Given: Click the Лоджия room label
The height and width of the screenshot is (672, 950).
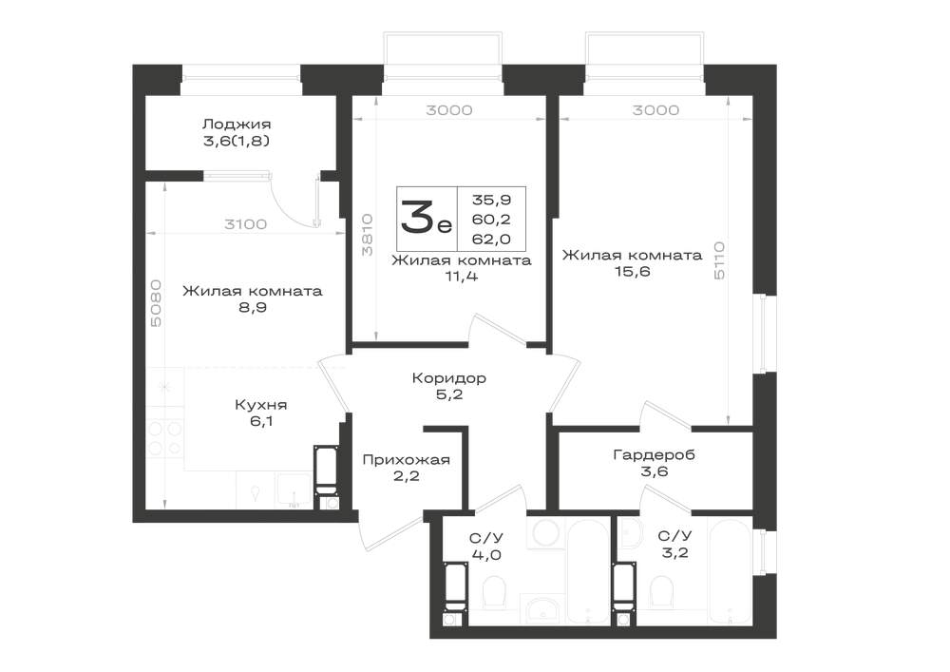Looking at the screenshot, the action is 237,125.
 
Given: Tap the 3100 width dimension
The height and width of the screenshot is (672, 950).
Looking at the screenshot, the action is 245,224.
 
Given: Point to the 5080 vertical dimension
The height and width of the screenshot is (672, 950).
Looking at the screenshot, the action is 157,303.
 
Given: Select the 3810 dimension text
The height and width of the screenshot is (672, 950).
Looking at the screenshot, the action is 367,235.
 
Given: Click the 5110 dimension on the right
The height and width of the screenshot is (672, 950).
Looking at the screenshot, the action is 719,260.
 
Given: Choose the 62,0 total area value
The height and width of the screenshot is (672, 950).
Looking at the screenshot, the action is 491,240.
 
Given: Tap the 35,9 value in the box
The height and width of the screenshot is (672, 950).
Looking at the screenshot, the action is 491,200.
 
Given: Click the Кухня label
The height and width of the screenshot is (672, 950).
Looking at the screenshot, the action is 260,405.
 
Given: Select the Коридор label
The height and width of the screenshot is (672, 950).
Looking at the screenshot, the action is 449,378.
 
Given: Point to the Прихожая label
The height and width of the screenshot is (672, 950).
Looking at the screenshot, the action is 406,460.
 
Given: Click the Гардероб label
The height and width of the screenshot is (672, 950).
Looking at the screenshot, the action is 654,454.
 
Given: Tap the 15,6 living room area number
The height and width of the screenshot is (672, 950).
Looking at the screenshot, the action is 633,272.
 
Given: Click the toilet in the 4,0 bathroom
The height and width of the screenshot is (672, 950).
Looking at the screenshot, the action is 494,591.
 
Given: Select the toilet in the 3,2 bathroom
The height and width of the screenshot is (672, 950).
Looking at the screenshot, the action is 660,591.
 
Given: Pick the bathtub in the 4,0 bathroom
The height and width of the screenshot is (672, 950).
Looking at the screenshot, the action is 588,570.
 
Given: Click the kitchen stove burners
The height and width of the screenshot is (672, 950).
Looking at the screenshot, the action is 164,438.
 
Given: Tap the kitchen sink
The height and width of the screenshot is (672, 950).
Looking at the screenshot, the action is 294,489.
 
